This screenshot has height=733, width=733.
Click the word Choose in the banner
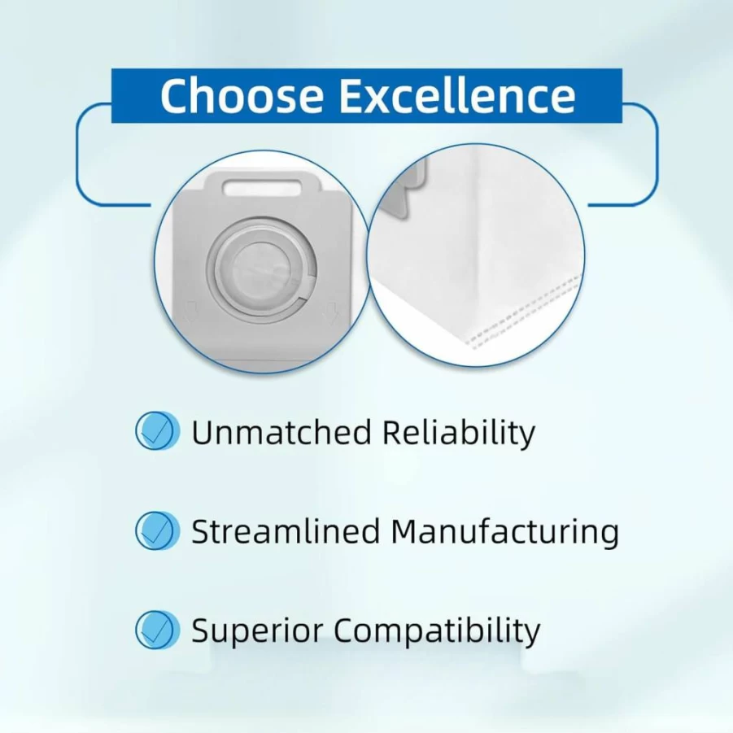(x=242, y=95)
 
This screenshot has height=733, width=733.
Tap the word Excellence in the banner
(x=457, y=95)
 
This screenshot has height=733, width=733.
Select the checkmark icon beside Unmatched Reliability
(x=157, y=430)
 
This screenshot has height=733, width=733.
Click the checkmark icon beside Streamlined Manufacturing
(x=157, y=530)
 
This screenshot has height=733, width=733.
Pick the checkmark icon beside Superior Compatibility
(x=157, y=630)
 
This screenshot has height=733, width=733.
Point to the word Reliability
(x=459, y=433)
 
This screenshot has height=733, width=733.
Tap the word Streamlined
(x=286, y=531)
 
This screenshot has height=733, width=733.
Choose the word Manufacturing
(x=505, y=532)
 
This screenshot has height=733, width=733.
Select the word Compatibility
(x=437, y=631)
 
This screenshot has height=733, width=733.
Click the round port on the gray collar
(x=261, y=270)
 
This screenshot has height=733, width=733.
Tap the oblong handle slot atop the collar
(x=262, y=187)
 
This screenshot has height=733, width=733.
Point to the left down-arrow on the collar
(x=190, y=311)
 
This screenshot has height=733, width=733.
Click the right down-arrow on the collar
(x=332, y=312)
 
